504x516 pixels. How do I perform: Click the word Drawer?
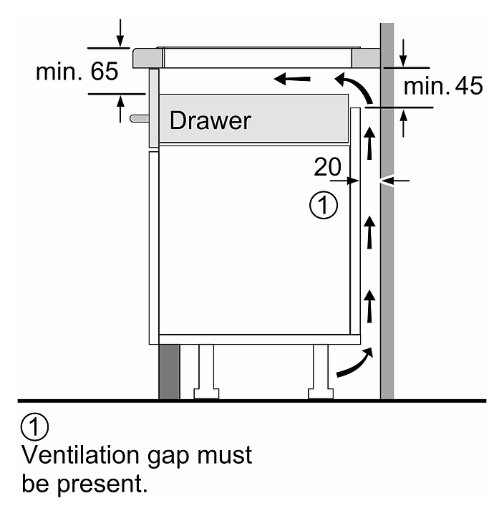[x=210, y=120]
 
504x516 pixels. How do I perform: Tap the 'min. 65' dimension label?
[x=77, y=72]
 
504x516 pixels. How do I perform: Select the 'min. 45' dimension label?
[x=443, y=86]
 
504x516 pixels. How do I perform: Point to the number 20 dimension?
[x=327, y=167]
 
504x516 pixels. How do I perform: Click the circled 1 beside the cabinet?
[x=324, y=205]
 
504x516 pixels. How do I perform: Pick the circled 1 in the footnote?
[x=35, y=426]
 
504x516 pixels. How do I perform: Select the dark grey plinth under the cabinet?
[x=170, y=372]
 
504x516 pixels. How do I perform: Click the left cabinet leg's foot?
[x=206, y=394]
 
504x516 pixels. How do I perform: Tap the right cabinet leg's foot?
[x=321, y=394]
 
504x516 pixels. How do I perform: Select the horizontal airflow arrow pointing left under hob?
[x=292, y=79]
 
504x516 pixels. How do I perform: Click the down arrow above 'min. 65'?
[x=120, y=33]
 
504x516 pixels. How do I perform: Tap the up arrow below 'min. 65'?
[x=121, y=109]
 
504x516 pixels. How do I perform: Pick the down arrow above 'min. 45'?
[x=403, y=52]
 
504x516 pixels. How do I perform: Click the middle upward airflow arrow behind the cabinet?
[x=370, y=232]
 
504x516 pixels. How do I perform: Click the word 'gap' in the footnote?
[x=168, y=457]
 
